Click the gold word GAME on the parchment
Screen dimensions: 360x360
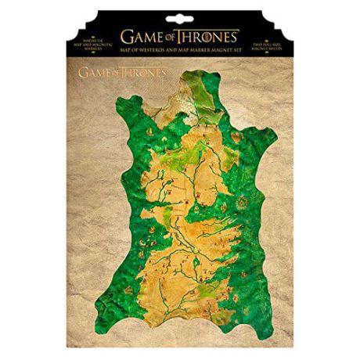click(x=98, y=71)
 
